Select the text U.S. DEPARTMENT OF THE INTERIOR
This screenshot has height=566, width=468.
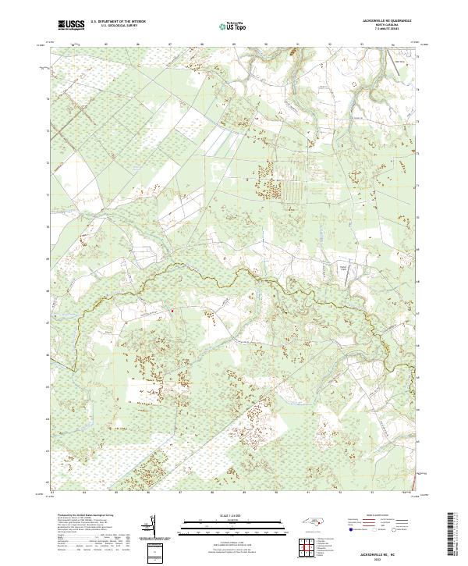(x=118, y=23)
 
